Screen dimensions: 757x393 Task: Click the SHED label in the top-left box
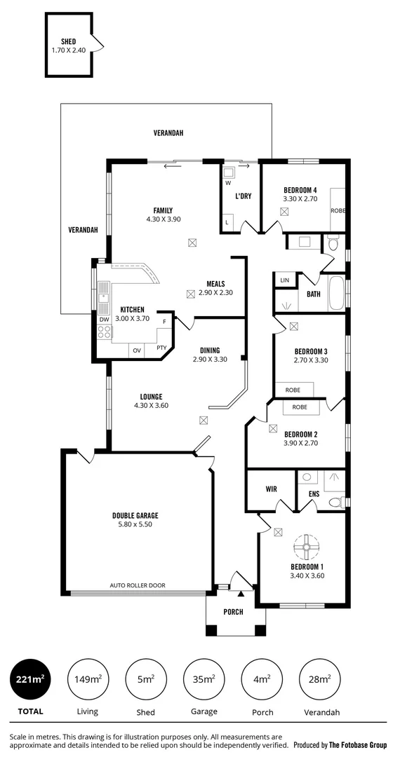pos(68,42)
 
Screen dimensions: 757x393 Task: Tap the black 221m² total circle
pos(30,679)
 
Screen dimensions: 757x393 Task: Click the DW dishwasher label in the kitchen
pos(104,319)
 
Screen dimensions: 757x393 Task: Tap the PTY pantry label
pos(161,348)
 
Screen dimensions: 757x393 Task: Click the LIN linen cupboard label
pos(284,280)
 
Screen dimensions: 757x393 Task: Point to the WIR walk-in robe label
pos(271,489)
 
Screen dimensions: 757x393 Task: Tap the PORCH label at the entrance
pos(233,612)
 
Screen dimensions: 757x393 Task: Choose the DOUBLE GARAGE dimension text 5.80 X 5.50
pos(132,524)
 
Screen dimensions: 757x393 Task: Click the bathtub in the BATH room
pos(336,292)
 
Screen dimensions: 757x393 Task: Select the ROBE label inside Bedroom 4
pos(338,210)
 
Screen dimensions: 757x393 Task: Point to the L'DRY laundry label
pos(243,196)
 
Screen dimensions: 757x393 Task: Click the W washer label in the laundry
pos(227,183)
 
